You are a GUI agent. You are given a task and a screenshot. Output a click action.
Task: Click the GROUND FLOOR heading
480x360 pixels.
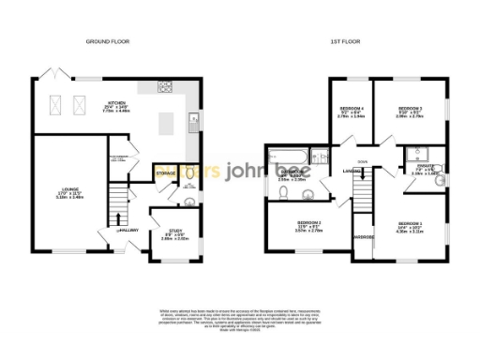pyautogui.click(x=108, y=42)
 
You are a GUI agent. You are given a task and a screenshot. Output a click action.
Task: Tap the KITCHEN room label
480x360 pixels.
pyautogui.click(x=117, y=104)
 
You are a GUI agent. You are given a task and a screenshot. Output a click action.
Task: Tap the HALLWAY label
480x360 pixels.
pyautogui.click(x=128, y=230)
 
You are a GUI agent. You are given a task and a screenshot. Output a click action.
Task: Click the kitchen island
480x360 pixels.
pyautogui.click(x=168, y=123)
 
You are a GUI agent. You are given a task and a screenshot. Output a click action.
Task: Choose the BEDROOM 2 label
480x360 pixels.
pyautogui.click(x=409, y=111)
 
